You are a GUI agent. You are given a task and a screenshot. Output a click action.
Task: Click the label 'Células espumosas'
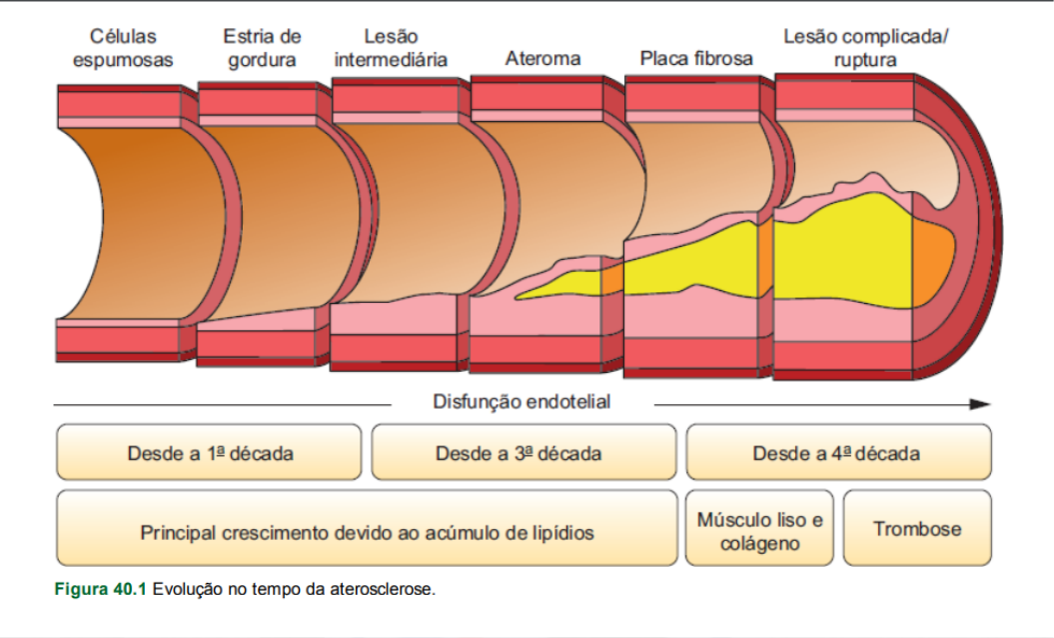124,48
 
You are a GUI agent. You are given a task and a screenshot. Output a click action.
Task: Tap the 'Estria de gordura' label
262,48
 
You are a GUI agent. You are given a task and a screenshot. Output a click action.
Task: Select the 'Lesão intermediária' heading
391,48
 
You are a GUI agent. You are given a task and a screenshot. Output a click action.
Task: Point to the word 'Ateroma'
542,59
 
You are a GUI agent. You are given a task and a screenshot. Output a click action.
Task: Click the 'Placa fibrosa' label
695,59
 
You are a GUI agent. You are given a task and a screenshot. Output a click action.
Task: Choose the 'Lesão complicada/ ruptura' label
865,48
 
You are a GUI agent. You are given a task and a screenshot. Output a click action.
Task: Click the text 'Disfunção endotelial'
522,402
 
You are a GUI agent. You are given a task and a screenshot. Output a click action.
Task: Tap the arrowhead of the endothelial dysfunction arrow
980,404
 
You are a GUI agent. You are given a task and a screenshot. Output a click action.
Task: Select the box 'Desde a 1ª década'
209,452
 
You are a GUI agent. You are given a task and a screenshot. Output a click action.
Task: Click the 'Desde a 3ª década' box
523,452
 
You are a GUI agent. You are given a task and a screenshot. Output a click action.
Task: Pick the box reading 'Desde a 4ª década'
837,452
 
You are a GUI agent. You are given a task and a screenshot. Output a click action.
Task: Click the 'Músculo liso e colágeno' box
761,531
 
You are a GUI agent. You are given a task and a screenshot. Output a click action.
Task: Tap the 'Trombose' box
917,529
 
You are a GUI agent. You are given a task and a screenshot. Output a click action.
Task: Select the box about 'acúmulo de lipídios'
367,532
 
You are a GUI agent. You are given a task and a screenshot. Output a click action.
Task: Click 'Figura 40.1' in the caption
100,589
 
